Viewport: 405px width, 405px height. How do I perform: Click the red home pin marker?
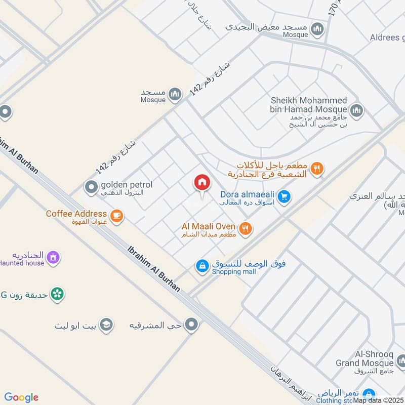(202, 183)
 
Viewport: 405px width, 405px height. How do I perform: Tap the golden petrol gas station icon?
(92, 188)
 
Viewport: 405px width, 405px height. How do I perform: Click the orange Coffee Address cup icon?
(117, 216)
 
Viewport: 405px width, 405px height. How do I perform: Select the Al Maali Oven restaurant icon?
(246, 229)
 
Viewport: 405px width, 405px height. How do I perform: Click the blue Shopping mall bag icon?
(202, 266)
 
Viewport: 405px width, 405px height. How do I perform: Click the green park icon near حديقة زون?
(58, 294)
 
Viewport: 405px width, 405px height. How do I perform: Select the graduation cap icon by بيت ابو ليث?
(106, 325)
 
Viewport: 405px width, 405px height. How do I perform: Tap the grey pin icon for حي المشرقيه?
(191, 325)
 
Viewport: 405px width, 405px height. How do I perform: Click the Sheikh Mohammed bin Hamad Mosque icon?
(357, 109)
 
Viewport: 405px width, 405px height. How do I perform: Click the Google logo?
(21, 397)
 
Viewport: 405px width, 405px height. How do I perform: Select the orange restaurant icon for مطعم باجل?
(317, 170)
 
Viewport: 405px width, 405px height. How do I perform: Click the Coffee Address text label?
(76, 214)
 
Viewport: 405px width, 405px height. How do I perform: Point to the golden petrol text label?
(126, 185)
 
